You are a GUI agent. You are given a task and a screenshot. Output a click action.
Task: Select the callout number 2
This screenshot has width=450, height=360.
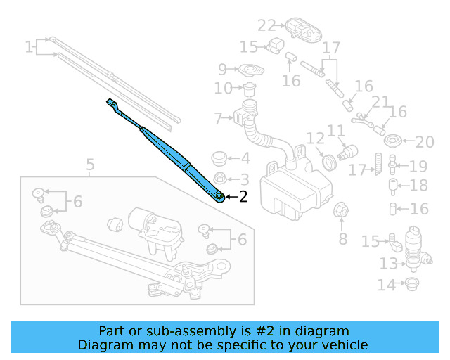[x=243, y=197]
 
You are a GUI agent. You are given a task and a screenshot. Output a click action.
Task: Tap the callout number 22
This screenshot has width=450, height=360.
[x=266, y=26]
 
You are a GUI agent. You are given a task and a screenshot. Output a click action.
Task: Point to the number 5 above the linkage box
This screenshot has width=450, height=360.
[x=90, y=165]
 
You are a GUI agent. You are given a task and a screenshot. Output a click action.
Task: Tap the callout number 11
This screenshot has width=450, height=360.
[x=336, y=131]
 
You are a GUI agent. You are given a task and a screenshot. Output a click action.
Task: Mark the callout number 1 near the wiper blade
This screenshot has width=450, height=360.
[x=29, y=47]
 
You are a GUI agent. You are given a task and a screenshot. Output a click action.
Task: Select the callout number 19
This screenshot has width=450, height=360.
[x=418, y=167]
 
